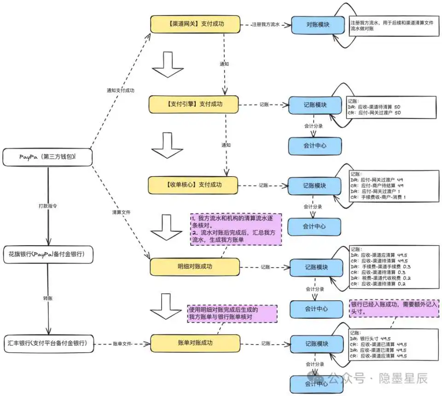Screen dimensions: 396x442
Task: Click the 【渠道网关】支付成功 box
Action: [195, 24]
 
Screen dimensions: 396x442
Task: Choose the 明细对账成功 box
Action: [195, 267]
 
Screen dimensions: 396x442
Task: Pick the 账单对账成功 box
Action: [195, 343]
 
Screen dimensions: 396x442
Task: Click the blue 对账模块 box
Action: [318, 25]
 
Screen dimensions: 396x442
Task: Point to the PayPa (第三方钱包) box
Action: [48, 157]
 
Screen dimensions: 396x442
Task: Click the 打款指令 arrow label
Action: [48, 207]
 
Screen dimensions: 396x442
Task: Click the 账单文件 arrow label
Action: [123, 344]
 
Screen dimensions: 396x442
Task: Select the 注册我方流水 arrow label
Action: [266, 25]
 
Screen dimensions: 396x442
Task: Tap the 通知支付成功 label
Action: [120, 90]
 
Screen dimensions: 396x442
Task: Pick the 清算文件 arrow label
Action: [121, 212]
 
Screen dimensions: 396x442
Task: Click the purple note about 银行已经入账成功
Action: [394, 308]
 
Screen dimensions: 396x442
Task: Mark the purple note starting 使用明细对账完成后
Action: [232, 314]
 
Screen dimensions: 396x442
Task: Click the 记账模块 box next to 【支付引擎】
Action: [315, 105]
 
